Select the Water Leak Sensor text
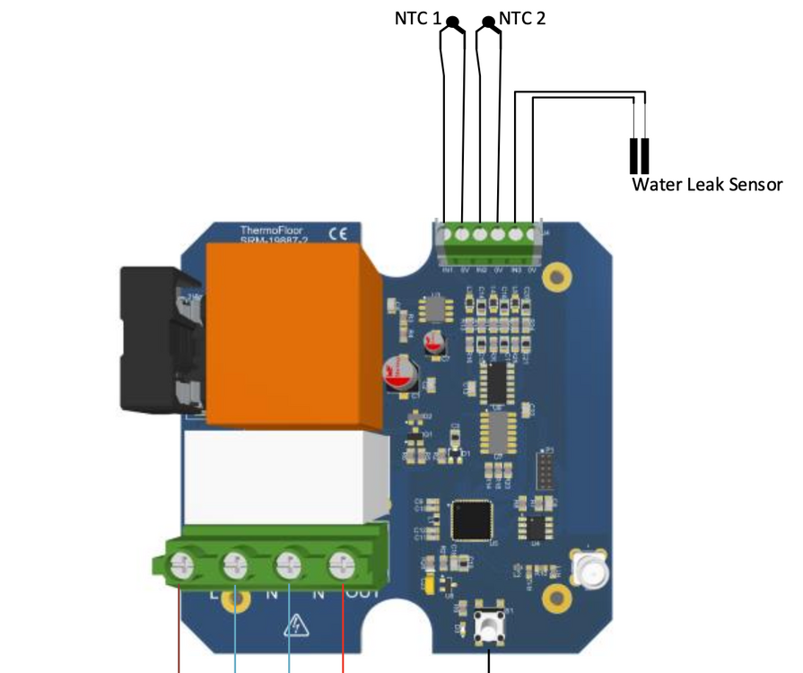click(707, 185)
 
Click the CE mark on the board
click(338, 234)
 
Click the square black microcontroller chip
click(472, 518)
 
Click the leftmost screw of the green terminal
click(182, 564)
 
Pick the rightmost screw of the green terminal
click(343, 564)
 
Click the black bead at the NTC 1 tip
click(452, 22)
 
